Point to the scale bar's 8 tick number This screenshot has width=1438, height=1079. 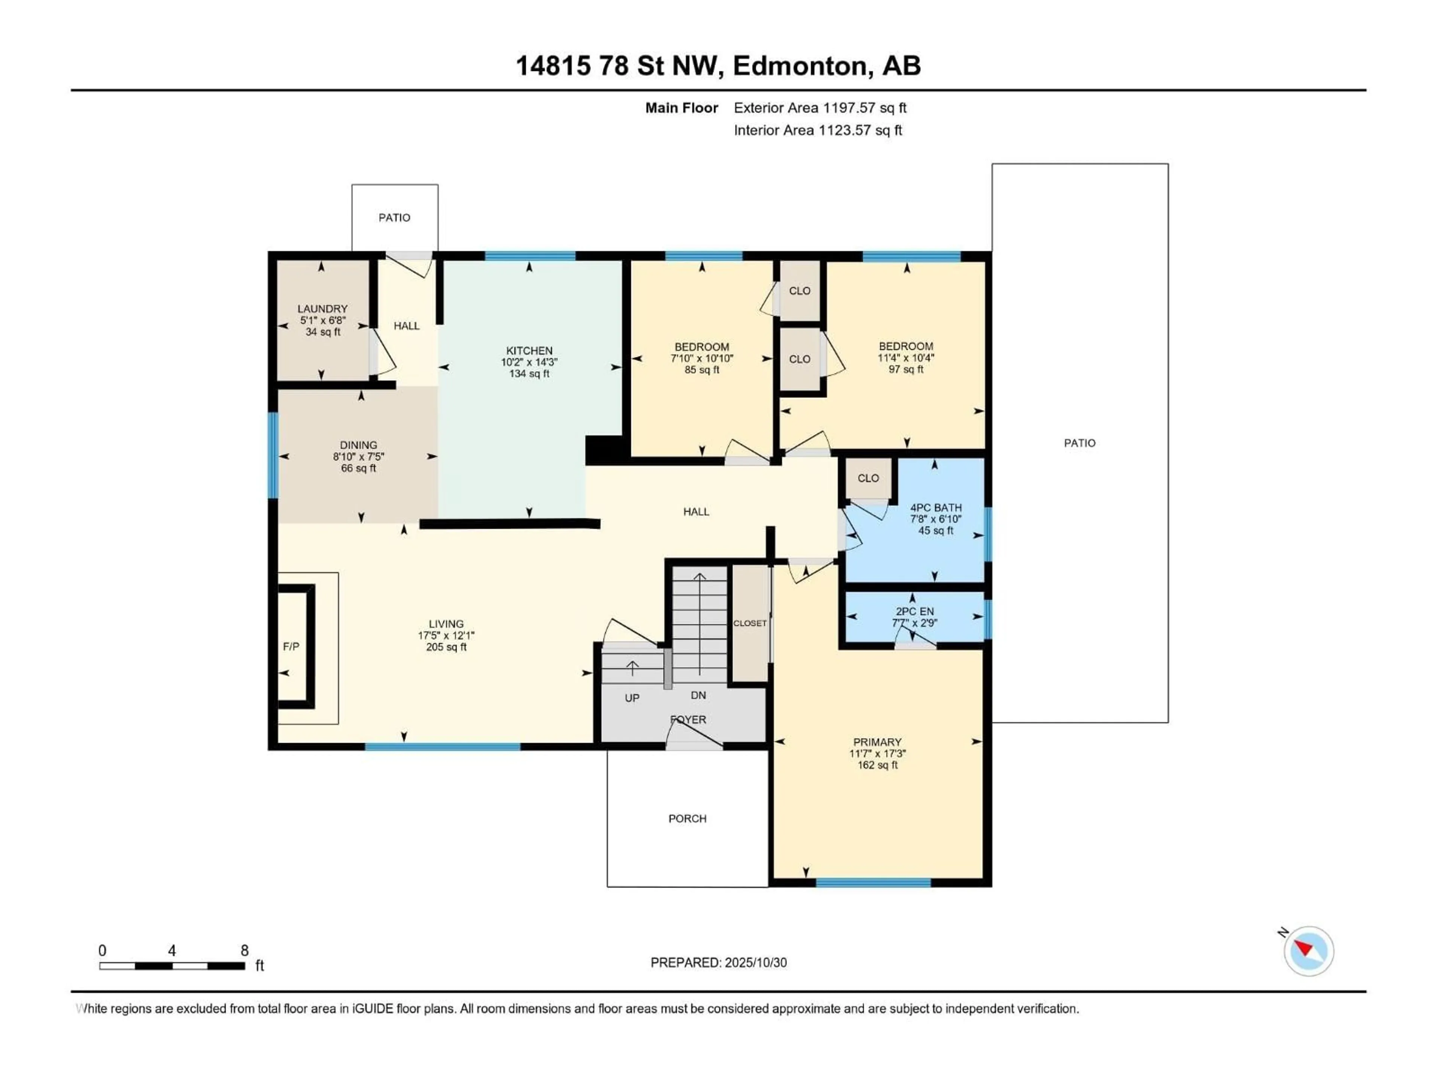coord(245,950)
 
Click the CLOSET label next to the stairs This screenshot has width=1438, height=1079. coord(750,623)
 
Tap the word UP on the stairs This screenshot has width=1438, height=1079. coord(632,698)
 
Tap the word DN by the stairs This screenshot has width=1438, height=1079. coord(698,695)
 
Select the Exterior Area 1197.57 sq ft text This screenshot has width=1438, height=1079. coord(820,108)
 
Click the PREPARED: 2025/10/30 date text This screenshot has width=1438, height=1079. coord(718,962)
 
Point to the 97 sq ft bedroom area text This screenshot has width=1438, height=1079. coord(905,369)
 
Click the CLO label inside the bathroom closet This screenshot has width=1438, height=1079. coord(868,478)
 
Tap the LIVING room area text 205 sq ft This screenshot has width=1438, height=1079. coord(446,647)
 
